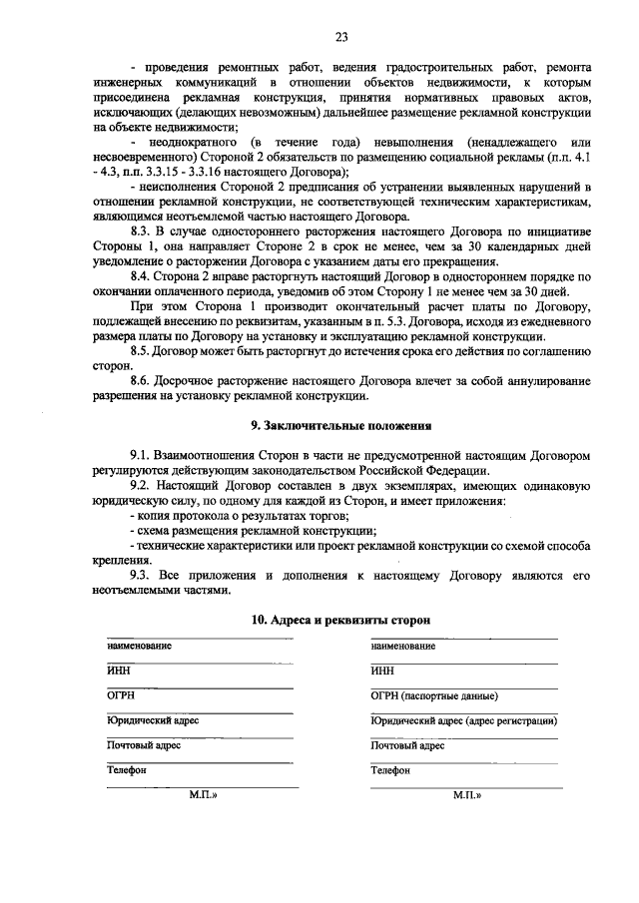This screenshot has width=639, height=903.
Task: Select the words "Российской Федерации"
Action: click(428, 469)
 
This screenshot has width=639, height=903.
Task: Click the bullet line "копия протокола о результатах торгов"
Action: click(239, 515)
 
